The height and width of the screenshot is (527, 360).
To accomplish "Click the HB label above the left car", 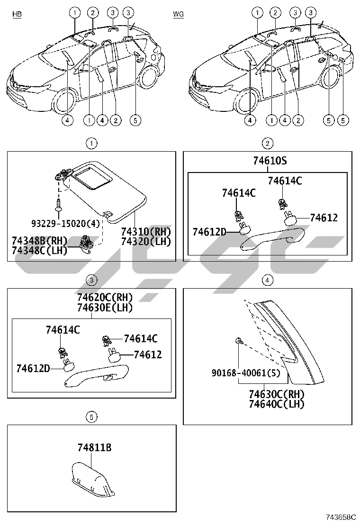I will (17, 15).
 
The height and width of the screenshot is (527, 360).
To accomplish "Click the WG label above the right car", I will (178, 15).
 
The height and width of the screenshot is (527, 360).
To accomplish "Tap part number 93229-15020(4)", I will (66, 222).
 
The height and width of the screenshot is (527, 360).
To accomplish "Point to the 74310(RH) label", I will (145, 232).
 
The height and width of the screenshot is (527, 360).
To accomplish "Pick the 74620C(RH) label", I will (105, 298).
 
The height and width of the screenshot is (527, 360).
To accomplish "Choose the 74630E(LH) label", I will (105, 307).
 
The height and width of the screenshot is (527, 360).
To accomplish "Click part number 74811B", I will (95, 447).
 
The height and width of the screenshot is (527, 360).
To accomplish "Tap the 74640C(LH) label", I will (277, 404).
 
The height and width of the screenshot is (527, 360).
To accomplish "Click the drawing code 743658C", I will (340, 518).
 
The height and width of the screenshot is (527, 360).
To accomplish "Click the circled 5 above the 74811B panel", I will (91, 417).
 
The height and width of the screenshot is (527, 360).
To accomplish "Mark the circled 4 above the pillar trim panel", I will (268, 280).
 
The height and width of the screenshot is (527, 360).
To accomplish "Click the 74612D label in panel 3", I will (33, 368).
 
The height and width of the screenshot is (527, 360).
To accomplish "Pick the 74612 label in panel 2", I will (324, 218).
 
